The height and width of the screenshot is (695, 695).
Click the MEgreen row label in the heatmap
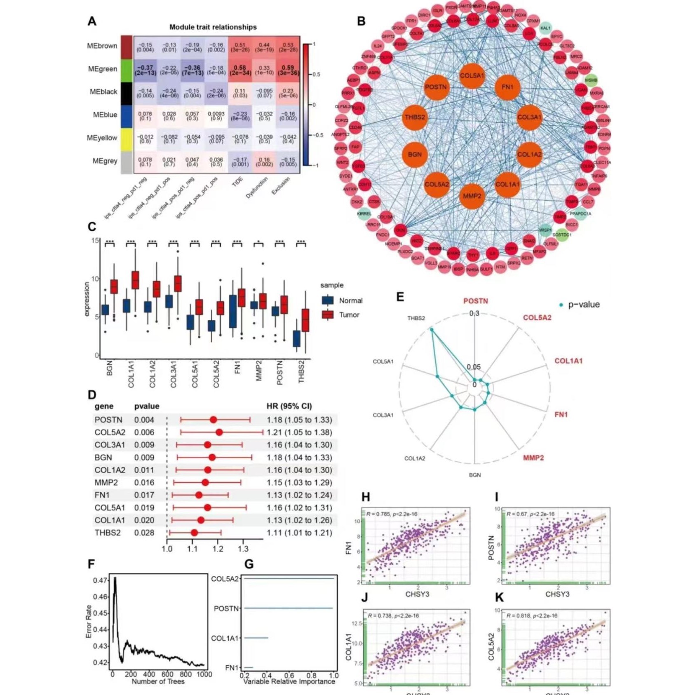102,69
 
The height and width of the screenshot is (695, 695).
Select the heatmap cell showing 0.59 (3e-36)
288,70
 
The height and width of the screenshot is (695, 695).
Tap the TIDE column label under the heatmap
237,182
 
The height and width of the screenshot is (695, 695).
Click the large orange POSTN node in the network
436,87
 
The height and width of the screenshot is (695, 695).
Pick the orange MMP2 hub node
472,196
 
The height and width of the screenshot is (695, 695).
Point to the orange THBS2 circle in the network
415,117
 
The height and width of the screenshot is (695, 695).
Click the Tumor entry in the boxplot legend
349,315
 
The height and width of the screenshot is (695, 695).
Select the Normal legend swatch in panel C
328,301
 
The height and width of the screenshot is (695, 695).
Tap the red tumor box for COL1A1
135,280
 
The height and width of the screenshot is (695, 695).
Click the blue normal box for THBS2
296,338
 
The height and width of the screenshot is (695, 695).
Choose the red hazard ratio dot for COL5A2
219,432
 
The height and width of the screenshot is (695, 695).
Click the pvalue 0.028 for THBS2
144,533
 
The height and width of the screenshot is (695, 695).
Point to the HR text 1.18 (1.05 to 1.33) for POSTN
299,420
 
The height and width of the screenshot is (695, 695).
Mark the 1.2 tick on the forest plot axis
218,549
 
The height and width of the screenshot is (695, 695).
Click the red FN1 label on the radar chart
561,414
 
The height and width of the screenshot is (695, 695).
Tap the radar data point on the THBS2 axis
432,329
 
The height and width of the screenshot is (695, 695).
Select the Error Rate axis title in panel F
89,621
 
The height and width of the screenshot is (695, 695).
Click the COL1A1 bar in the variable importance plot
256,638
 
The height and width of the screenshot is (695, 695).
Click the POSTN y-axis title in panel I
491,547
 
